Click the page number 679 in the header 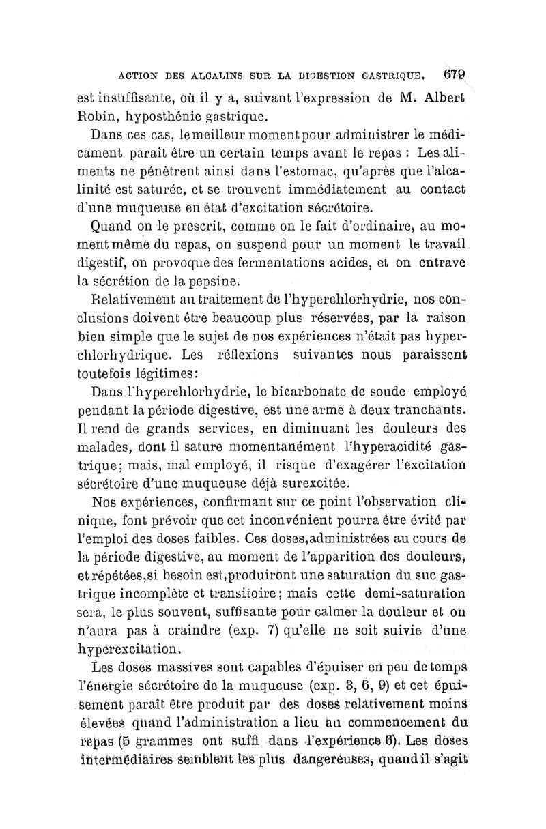point(452,68)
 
